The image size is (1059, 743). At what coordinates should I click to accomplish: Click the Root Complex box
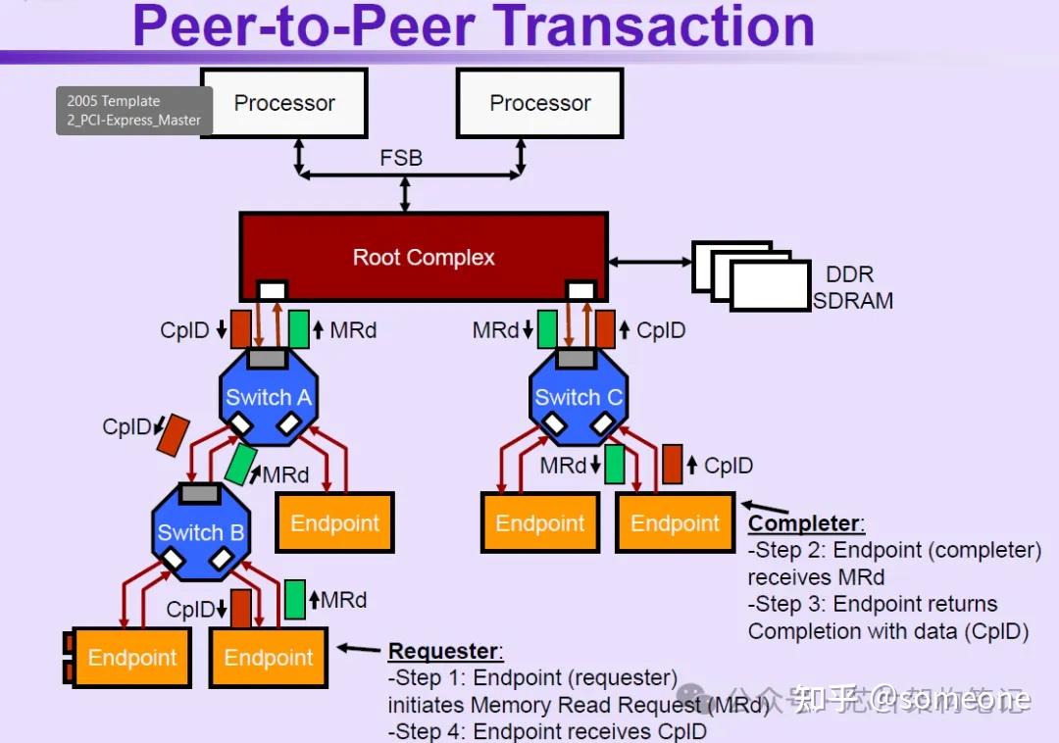coord(424,257)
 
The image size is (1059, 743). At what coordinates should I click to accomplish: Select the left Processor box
coord(284,103)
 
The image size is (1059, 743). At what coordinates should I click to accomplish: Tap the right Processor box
coord(540,103)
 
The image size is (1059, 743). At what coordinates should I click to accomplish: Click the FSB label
coord(401,157)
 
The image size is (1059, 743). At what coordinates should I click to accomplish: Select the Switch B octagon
coord(200,532)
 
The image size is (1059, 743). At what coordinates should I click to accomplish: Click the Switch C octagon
coord(578,397)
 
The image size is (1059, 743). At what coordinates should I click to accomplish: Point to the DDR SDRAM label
coord(851,288)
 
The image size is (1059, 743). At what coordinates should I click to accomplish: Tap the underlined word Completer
coord(806,524)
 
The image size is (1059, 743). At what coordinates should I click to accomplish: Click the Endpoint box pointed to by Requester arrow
coord(268,657)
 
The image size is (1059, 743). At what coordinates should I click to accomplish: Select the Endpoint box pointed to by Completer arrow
coord(675,522)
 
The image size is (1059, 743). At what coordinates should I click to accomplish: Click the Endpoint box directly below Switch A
coord(334,522)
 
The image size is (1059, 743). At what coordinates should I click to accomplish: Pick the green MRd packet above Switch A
coord(298,329)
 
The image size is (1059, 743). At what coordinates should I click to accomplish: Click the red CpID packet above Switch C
coord(605,329)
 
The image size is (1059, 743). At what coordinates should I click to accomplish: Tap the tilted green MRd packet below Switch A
coord(240,464)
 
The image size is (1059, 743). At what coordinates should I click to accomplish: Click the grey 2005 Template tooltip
coord(134,111)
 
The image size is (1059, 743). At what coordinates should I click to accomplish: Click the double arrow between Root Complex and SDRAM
coord(649,262)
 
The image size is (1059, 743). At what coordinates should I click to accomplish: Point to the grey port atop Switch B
coord(199,493)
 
